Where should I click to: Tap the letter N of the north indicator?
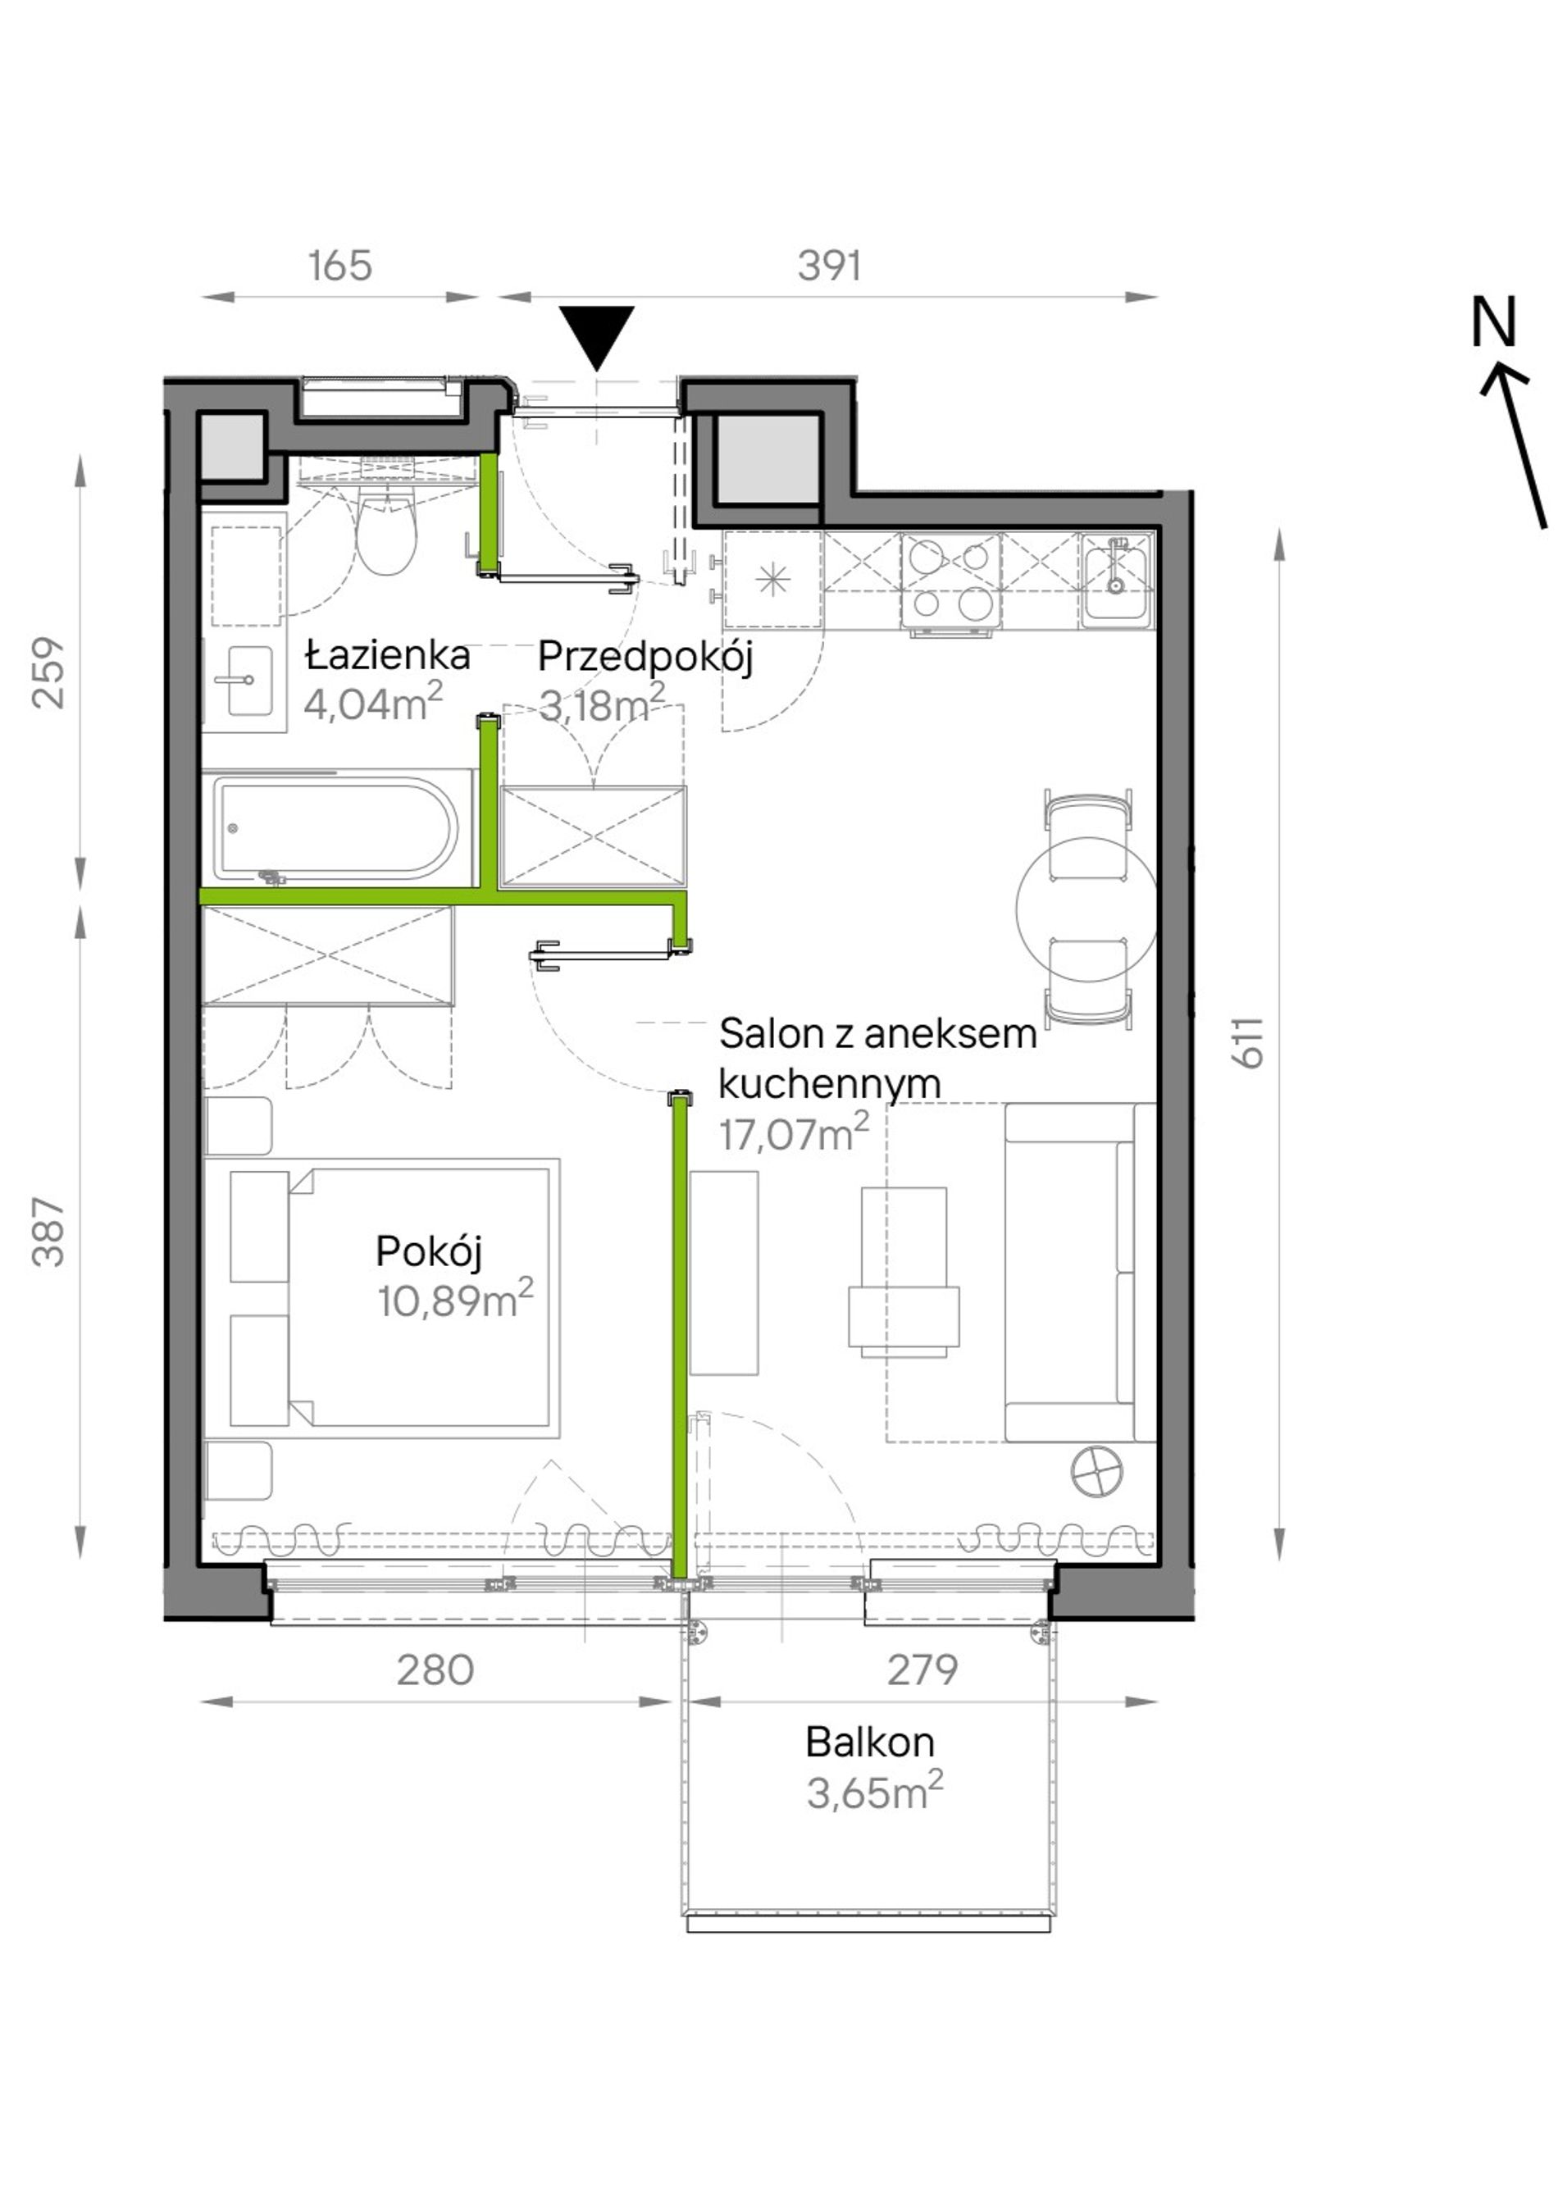(x=1494, y=321)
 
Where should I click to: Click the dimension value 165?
(x=340, y=266)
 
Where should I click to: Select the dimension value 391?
(x=829, y=266)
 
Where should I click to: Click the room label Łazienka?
(x=387, y=655)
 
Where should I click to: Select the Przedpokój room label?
(x=645, y=658)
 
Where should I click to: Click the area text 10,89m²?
(x=455, y=1300)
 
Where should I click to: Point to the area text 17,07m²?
(x=794, y=1133)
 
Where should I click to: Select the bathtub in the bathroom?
(x=335, y=828)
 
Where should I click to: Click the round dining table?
(x=1086, y=907)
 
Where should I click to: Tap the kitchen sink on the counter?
(x=1115, y=579)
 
